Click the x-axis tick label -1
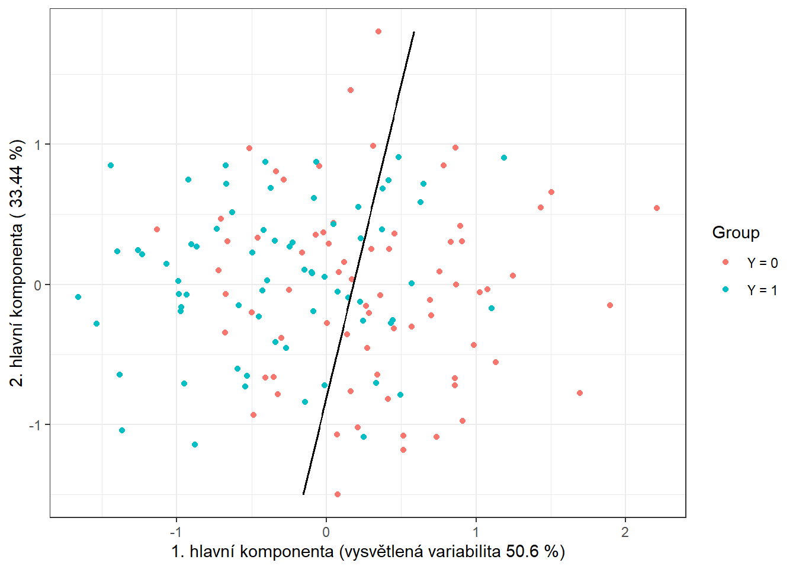pos(176,532)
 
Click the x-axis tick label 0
pos(326,532)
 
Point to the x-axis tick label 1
pos(476,532)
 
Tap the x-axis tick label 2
pos(625,532)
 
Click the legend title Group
pos(736,233)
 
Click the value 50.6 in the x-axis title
pos(522,552)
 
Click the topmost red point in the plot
pos(378,31)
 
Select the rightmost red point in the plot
pos(657,208)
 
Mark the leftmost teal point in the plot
pos(78,297)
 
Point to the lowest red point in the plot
pos(338,494)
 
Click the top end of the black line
pos(413,32)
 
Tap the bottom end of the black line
pos(303,494)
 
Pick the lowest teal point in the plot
pos(195,445)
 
